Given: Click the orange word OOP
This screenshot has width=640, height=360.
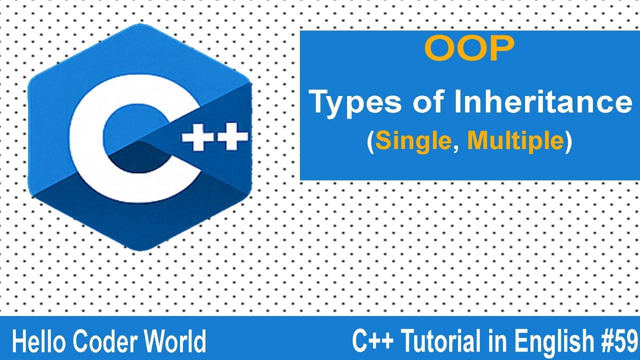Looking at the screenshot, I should [469, 49].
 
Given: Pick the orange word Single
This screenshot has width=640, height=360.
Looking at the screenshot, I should [413, 141].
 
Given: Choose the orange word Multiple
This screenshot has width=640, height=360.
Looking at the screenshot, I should [515, 141].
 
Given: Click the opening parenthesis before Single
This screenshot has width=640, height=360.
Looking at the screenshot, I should [370, 142].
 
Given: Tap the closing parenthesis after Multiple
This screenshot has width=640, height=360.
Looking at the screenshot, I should [567, 142].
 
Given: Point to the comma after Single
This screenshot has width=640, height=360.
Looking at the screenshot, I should [455, 147].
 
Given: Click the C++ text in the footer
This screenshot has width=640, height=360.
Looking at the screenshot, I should [372, 342].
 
